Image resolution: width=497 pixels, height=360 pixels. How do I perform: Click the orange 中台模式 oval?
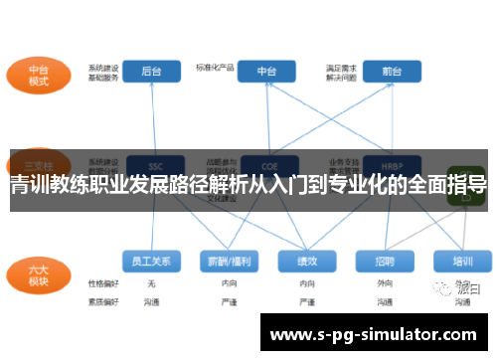(x=39, y=76)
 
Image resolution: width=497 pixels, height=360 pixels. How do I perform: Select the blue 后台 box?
(x=152, y=72)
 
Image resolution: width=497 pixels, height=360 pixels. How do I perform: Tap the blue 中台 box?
(x=267, y=72)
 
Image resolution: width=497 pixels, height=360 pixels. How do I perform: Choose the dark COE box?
(x=267, y=165)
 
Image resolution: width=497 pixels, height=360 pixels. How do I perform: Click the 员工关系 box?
(x=151, y=261)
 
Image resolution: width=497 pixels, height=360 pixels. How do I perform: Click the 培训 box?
(x=462, y=261)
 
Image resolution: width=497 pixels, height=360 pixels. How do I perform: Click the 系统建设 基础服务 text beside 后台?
(x=103, y=72)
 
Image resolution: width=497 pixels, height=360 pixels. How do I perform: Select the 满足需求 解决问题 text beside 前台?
(x=340, y=72)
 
